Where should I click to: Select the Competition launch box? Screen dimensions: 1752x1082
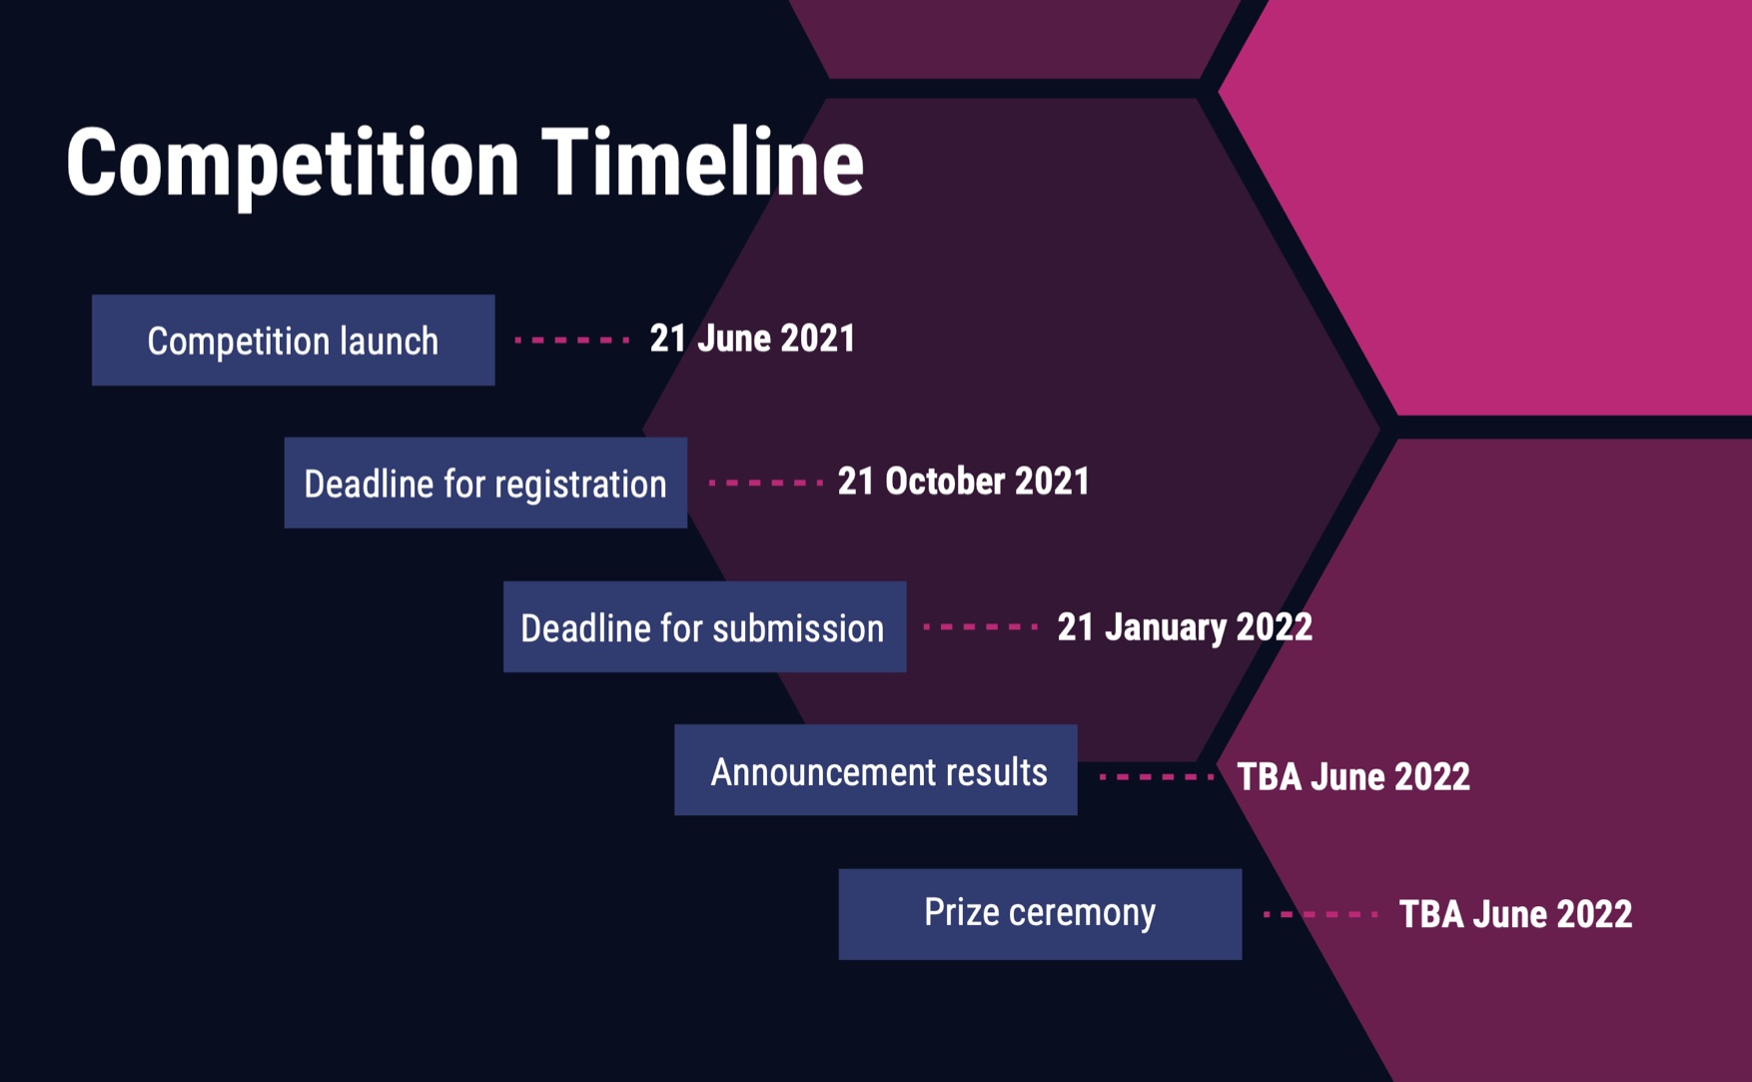coord(293,340)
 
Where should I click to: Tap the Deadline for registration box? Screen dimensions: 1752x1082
coord(485,483)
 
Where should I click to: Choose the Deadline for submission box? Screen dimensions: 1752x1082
coord(704,626)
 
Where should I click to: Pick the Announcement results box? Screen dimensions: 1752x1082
coord(876,770)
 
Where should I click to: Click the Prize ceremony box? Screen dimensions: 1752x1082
coord(1040,914)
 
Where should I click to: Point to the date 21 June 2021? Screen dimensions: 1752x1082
coord(752,339)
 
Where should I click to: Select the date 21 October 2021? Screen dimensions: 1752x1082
coord(963,482)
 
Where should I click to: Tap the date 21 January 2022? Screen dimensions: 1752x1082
coord(1185,627)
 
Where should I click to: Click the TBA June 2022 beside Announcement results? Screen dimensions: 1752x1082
coord(1353,777)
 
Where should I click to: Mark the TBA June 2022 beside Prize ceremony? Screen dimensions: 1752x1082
coord(1515,914)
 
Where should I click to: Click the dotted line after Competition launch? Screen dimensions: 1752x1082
coord(571,340)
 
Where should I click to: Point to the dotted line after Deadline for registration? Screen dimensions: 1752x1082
coord(765,483)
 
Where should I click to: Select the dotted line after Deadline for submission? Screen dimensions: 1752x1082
coord(981,626)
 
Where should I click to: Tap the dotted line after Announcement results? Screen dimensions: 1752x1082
coord(1157,776)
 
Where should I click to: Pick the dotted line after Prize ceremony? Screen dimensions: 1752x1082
coord(1320,914)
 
